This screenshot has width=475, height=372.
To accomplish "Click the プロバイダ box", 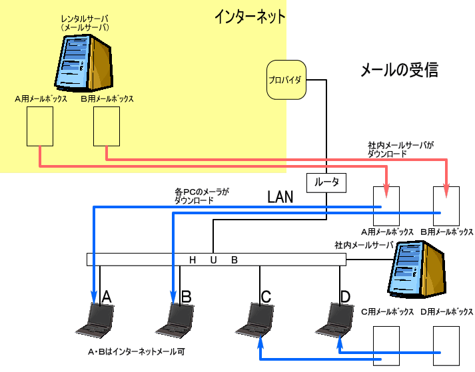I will [x=285, y=81].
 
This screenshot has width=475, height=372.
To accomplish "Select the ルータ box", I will [x=326, y=182].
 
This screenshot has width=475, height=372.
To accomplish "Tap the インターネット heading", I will [x=250, y=17].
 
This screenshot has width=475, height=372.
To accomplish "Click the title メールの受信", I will [x=398, y=69].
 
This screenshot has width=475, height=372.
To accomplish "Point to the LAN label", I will [x=280, y=197].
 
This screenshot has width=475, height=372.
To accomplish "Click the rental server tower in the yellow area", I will [x=85, y=63].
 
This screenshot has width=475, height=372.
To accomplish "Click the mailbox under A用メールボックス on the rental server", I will [x=39, y=126].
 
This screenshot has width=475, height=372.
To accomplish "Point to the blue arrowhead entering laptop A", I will [x=94, y=297].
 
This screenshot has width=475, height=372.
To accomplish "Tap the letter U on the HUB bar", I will [x=215, y=260].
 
